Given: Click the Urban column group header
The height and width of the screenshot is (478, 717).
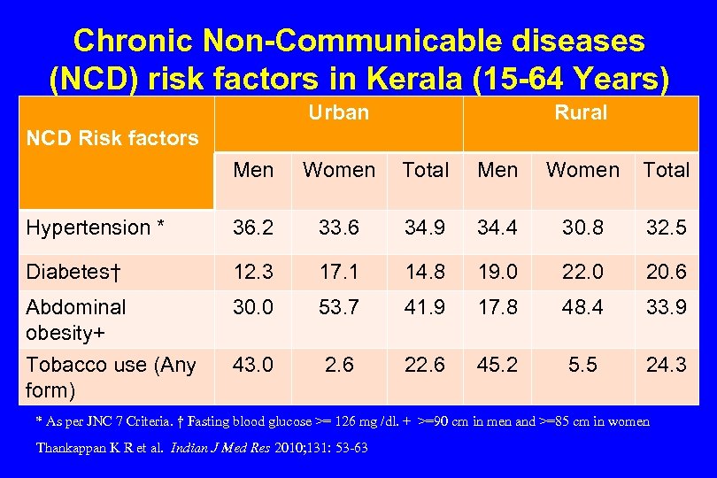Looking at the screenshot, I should tap(338, 113).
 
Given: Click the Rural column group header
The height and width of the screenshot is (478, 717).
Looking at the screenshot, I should tap(581, 113).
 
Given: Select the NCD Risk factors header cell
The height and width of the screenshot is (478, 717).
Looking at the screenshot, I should tap(112, 138).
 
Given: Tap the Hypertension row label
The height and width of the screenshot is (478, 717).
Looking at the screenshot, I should tap(96, 227).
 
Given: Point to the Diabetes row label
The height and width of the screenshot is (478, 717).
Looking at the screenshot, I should tap(73, 272).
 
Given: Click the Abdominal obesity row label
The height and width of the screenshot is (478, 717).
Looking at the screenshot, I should tap(76, 320).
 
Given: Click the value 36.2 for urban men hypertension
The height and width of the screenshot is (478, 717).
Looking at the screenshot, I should tap(253, 227).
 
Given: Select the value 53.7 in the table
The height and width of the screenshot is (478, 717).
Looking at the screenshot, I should tap(339, 307).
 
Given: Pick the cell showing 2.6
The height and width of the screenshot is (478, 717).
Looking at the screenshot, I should tap(339, 365).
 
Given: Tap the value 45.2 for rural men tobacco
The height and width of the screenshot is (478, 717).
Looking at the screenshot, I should tap(497, 365).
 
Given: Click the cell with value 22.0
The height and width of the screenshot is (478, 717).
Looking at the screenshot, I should tap(582, 272).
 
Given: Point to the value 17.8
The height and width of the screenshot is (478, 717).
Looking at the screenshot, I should tap(497, 307).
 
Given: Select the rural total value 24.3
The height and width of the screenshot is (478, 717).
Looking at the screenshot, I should tap(666, 365).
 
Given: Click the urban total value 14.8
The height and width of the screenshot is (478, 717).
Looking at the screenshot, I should tap(426, 272).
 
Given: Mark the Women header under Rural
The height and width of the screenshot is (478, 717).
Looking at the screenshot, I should tap(582, 170).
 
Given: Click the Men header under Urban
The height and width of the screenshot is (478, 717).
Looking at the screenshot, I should tap(253, 170).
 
